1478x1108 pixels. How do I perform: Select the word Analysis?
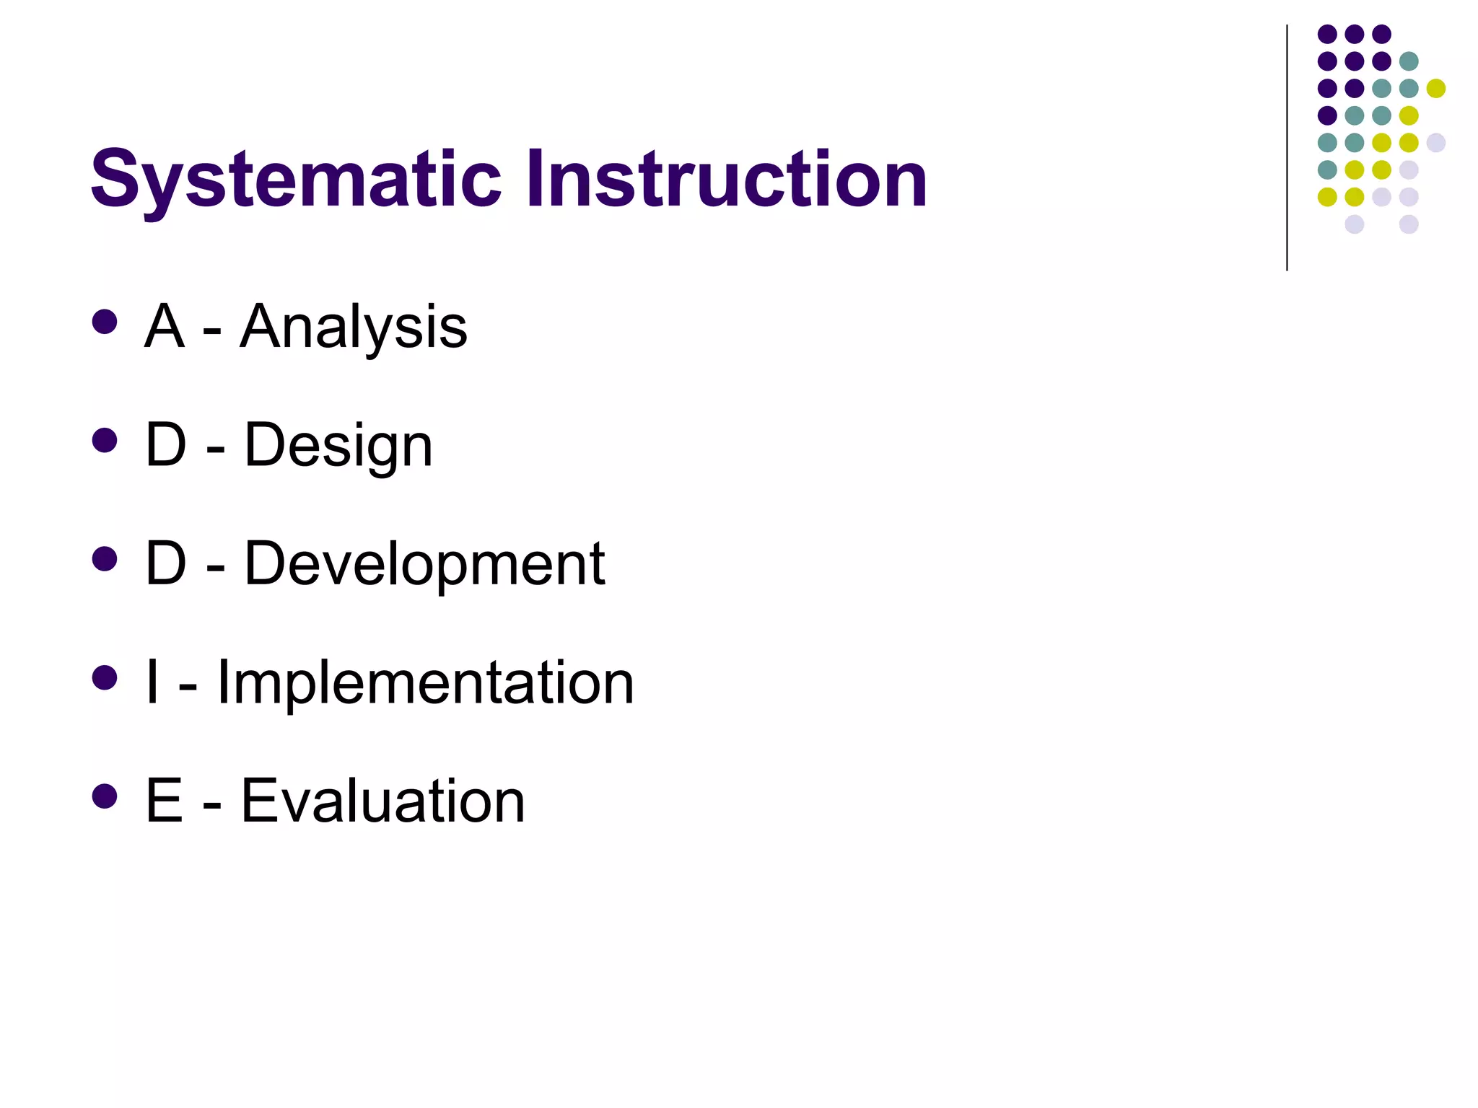coord(353,328)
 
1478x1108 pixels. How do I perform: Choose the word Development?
coord(424,565)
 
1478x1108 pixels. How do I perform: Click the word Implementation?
coord(425,682)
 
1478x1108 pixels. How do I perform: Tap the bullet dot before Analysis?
coord(105,322)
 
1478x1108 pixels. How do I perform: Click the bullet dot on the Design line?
coord(105,440)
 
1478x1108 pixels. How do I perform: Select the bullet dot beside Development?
coord(105,558)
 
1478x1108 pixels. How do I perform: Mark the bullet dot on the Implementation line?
coord(105,677)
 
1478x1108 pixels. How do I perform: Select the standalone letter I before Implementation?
coord(152,682)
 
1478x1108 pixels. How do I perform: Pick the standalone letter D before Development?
coord(166,564)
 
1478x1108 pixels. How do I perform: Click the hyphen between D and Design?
coord(215,452)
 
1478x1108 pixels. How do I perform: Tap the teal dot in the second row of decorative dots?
coord(1409,61)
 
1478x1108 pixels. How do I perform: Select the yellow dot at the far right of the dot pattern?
coord(1436,88)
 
